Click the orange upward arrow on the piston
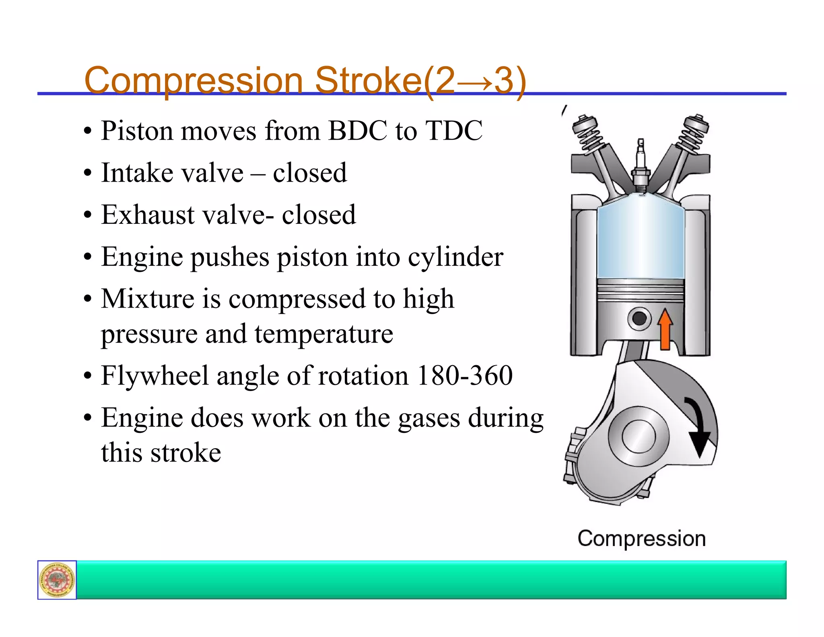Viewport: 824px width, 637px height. coord(665,329)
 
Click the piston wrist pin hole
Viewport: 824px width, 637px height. coord(639,318)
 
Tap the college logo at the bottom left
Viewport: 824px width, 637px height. coord(57,580)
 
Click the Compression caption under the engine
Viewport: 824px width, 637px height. coord(642,539)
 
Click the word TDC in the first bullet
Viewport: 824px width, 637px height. coord(454,131)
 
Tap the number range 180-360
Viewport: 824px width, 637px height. coord(465,376)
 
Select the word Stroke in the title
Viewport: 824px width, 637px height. coord(368,80)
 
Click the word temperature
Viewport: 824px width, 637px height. coord(323,334)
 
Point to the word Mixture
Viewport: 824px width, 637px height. coord(148,299)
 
